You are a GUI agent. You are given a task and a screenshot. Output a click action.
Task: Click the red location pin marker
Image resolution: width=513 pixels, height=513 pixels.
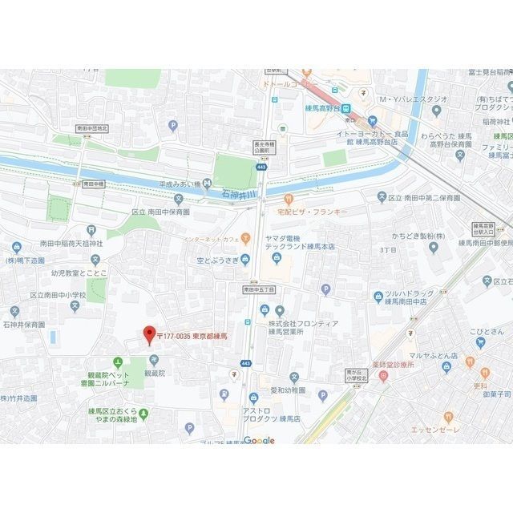(147, 334)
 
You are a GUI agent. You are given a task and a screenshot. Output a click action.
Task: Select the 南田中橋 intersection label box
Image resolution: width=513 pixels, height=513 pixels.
(93, 184)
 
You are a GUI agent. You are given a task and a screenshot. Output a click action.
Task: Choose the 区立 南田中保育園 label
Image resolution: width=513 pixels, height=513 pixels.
(160, 212)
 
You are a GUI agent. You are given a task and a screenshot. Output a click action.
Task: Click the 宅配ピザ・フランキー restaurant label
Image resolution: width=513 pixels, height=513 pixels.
(309, 212)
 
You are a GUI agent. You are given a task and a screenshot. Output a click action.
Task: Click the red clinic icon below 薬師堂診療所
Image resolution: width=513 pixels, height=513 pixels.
(383, 374)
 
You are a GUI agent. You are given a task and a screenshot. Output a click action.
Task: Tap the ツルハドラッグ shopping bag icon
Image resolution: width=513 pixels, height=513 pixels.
(378, 297)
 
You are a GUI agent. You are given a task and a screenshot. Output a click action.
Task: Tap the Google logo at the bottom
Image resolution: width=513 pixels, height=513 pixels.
(259, 440)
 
